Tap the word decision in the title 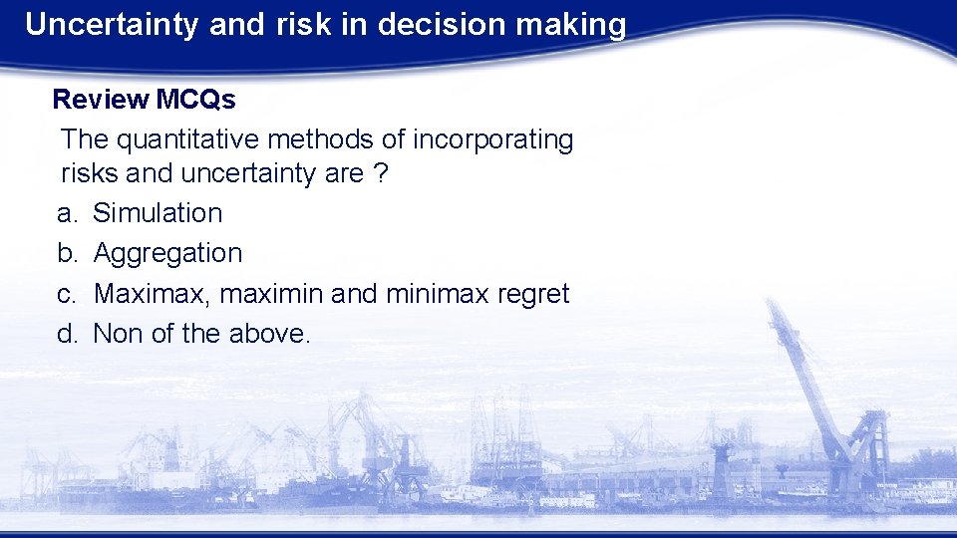coord(446,25)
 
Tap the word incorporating coord(493,140)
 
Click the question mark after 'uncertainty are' coord(380,174)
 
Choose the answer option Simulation coord(158,213)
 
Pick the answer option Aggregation coord(167,253)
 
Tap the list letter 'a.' coord(67,213)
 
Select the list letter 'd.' coord(67,334)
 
